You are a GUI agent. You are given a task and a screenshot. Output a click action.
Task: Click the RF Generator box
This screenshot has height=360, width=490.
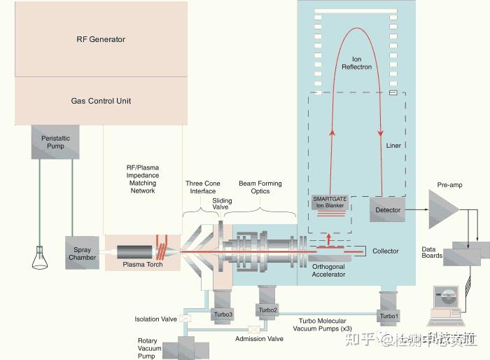point(100,39)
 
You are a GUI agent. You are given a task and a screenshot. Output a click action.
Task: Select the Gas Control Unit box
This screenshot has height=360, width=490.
point(100,101)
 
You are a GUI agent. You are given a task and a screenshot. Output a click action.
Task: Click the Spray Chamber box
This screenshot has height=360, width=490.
point(82,253)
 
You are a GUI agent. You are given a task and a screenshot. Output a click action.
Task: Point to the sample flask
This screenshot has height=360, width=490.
point(36,261)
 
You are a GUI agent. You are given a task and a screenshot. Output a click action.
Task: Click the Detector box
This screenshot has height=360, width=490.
point(387,209)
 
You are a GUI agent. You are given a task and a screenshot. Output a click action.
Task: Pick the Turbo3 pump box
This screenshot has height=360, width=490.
point(222,314)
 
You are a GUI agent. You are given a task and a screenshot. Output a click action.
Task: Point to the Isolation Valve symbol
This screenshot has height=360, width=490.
point(185,319)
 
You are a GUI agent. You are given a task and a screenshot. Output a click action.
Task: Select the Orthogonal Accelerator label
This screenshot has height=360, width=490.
point(328,270)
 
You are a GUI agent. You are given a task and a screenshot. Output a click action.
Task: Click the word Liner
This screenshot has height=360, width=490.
point(393,146)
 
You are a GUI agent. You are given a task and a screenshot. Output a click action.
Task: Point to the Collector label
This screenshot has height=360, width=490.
point(385,251)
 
